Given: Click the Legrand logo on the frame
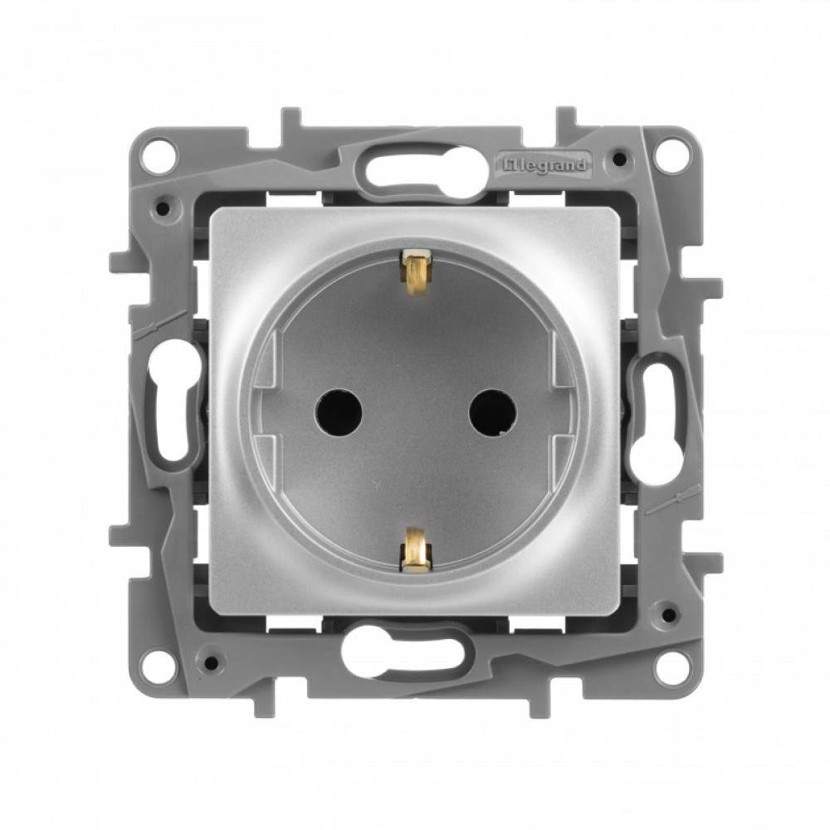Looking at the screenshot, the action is pos(544,164).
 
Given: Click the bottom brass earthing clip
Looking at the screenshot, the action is pos(415,549).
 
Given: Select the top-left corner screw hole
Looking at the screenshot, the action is pos(159,152).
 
